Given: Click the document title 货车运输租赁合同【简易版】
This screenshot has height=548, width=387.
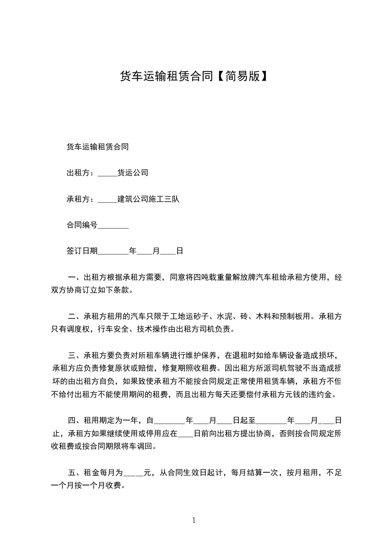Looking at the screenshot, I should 193,76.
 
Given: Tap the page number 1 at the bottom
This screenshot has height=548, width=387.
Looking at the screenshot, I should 194,520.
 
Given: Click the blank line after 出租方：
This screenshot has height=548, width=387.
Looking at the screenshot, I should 107,173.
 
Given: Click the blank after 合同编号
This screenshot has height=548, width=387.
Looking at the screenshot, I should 113,226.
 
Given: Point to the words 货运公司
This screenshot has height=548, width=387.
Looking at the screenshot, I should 133,173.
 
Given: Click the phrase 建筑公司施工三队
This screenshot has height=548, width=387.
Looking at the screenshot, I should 148,199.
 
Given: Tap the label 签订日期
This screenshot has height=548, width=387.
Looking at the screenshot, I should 82,252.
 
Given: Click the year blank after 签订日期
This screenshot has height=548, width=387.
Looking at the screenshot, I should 113,252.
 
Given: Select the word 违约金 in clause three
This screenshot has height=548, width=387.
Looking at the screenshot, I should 325,394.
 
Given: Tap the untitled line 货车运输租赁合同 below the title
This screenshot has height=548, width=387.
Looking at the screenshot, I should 98,147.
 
